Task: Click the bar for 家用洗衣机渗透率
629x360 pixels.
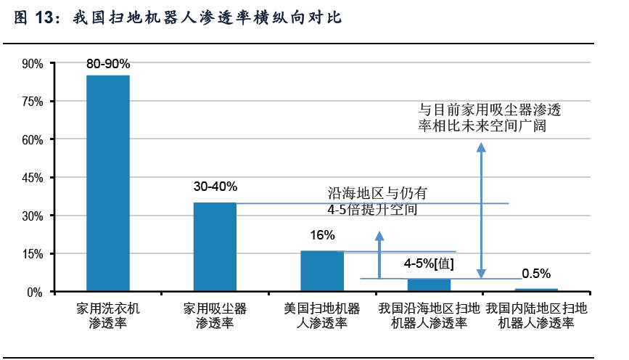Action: tap(108, 183)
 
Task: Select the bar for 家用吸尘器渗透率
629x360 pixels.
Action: tap(215, 247)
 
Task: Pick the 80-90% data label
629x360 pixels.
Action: tap(108, 64)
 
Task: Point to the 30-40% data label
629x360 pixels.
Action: tap(215, 187)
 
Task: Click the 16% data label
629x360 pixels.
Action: tap(322, 235)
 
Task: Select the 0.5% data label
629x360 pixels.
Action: tap(536, 274)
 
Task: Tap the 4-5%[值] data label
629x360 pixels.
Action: tap(429, 263)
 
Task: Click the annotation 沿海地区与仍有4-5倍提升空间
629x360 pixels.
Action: tap(377, 202)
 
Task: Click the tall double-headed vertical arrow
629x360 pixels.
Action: tap(480, 210)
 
